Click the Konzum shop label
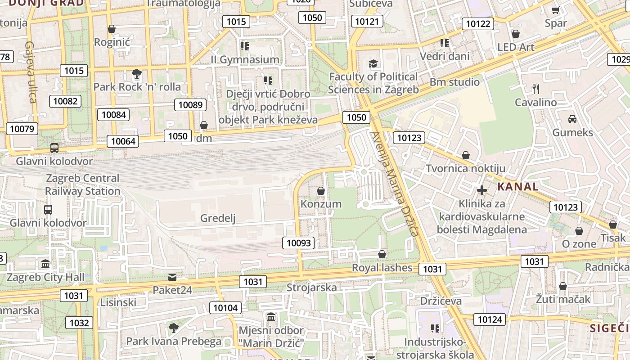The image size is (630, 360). click(x=321, y=204)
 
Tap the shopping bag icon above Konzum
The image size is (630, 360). click(x=321, y=191)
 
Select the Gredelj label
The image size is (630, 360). click(x=218, y=219)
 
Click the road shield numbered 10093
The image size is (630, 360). click(x=299, y=243)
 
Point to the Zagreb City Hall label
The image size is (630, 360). click(x=45, y=277)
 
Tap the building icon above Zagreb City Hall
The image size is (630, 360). click(x=45, y=264)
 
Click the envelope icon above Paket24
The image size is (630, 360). click(x=172, y=277)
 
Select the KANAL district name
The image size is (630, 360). click(x=517, y=187)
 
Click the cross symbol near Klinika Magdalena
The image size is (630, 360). click(x=482, y=190)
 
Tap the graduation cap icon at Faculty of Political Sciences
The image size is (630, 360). click(x=373, y=63)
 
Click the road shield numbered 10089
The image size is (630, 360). click(x=190, y=105)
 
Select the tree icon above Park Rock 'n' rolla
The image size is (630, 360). click(x=137, y=73)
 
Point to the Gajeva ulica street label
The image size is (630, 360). click(x=31, y=72)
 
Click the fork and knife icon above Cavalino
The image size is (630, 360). click(x=535, y=89)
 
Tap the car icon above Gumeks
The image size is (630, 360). click(x=572, y=119)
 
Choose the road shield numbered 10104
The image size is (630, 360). click(x=225, y=308)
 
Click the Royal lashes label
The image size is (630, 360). click(x=382, y=268)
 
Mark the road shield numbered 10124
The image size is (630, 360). click(x=490, y=319)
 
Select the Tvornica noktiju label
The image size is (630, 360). click(x=465, y=169)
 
